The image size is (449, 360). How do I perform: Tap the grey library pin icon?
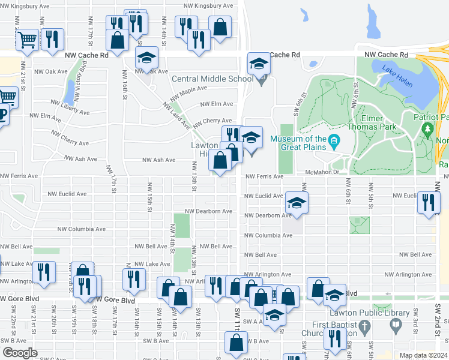[x=395, y=325]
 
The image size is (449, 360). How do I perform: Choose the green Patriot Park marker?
[x=427, y=128]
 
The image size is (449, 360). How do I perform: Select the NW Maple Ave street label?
[x=188, y=94]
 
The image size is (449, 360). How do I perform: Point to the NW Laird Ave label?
[x=176, y=115]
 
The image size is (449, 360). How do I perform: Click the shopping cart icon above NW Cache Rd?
[x=27, y=40]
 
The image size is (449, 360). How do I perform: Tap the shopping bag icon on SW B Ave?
[x=236, y=343]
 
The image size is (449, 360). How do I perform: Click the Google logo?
[x=20, y=353]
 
